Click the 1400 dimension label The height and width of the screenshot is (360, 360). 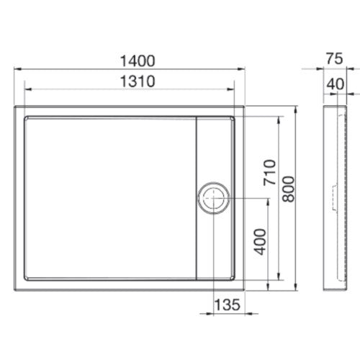click(x=138, y=60)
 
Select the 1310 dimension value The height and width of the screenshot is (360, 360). click(x=138, y=81)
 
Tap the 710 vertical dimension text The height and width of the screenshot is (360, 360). click(x=269, y=172)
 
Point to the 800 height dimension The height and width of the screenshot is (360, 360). click(x=288, y=189)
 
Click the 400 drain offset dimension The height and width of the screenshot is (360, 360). click(x=260, y=242)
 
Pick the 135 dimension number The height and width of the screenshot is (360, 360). click(x=227, y=305)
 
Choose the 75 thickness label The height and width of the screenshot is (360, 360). click(x=335, y=59)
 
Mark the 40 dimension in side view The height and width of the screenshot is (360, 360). click(x=336, y=84)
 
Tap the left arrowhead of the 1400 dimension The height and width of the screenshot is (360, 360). click(x=18, y=69)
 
